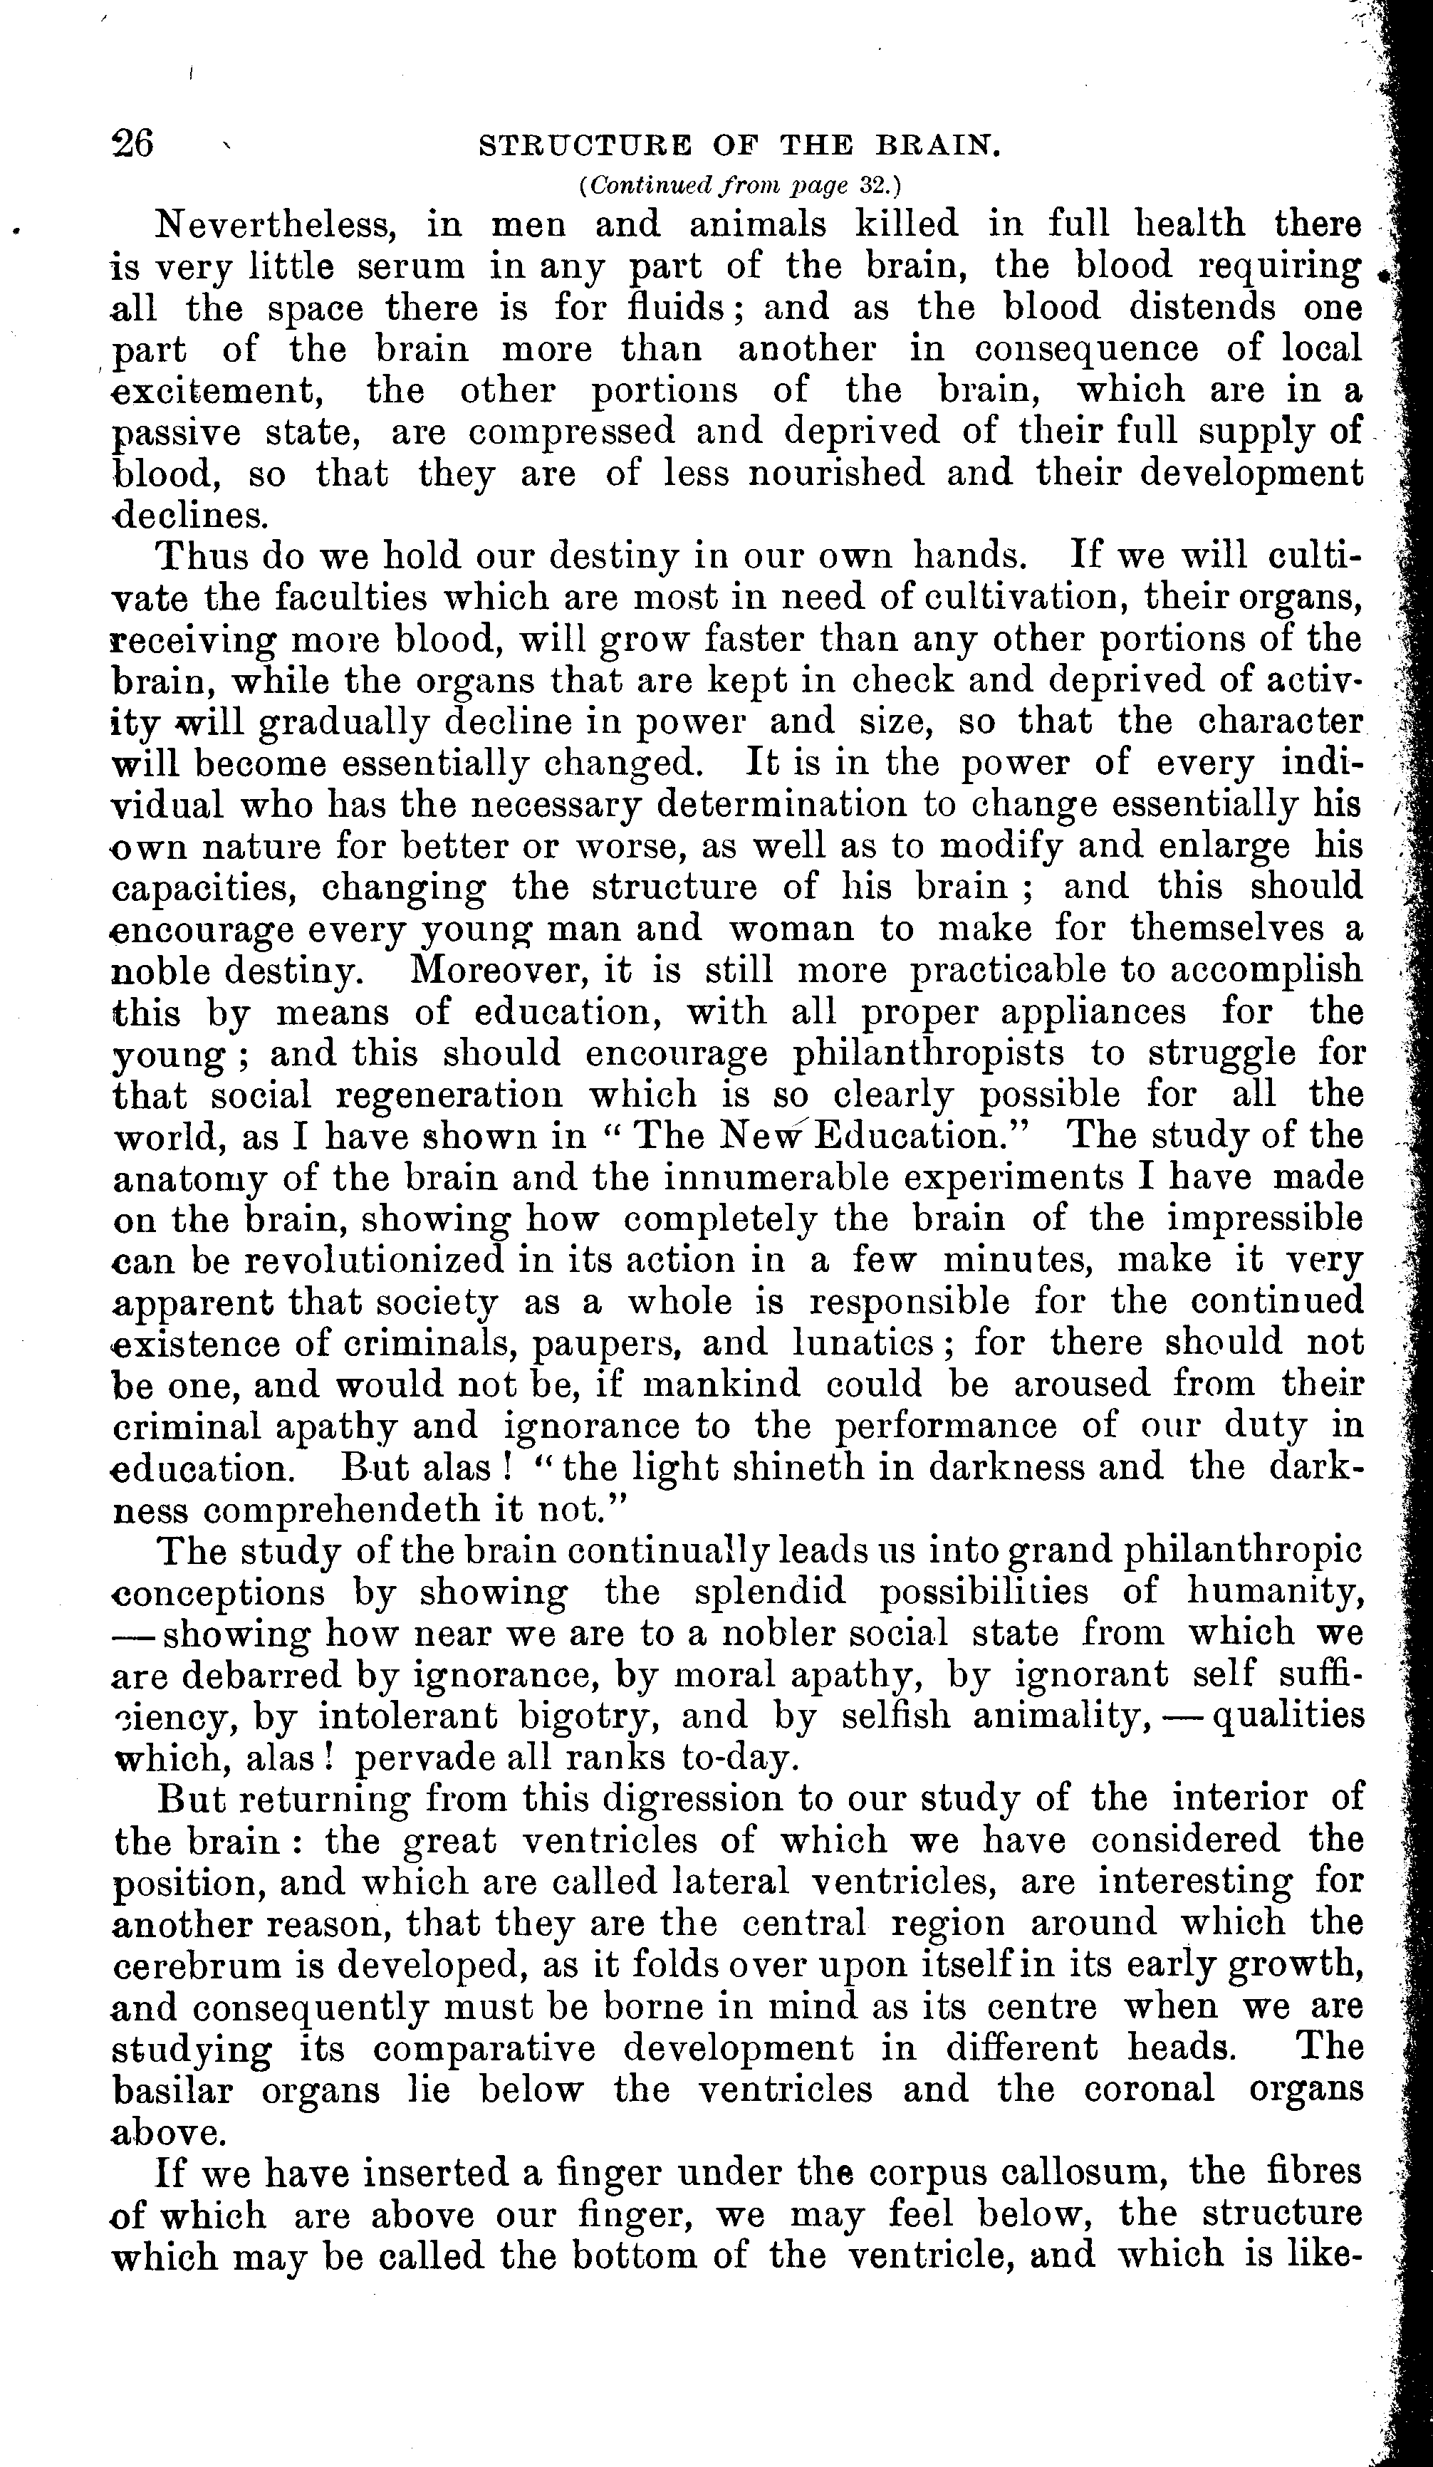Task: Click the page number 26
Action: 134,144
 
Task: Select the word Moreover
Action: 497,970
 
